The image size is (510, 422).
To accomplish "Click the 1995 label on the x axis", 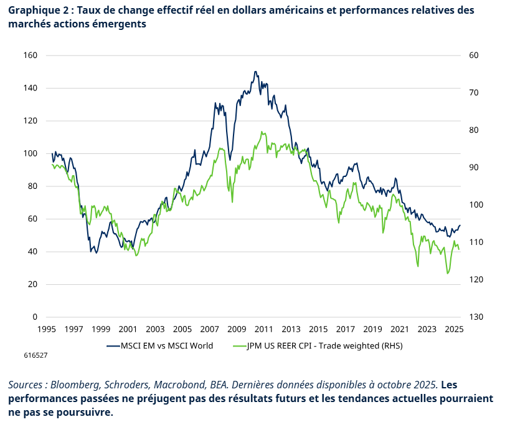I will pyautogui.click(x=47, y=329).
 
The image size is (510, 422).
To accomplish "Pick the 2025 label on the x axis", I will pyautogui.click(x=454, y=329).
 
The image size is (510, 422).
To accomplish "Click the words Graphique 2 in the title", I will pyautogui.click(x=36, y=11).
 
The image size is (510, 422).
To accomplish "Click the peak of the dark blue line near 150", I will pyautogui.click(x=255, y=72).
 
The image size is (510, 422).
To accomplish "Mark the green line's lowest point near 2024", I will pyautogui.click(x=447, y=273).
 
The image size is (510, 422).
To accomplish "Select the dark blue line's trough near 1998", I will pyautogui.click(x=96, y=252).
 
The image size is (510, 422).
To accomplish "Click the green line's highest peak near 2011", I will pyautogui.click(x=263, y=132).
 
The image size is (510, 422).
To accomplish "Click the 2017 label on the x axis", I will pyautogui.click(x=345, y=329).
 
